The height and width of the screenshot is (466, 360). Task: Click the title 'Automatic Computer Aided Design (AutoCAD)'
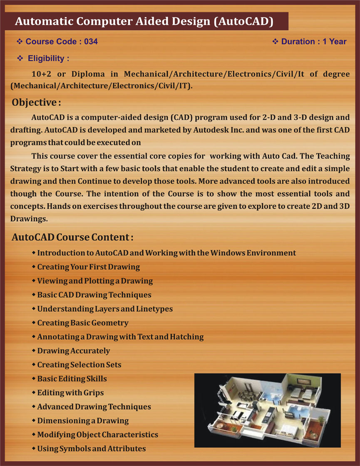point(144,22)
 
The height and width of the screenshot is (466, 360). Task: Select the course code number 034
point(91,42)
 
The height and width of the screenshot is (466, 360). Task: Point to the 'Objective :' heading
point(37,102)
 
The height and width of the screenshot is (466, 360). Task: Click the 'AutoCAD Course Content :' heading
point(72,237)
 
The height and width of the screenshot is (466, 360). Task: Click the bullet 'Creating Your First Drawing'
point(88,267)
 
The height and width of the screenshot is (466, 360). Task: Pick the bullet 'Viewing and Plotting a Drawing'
point(95,281)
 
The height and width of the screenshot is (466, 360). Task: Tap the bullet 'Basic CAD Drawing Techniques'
point(94,295)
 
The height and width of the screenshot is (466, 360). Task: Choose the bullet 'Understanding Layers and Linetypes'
point(105,309)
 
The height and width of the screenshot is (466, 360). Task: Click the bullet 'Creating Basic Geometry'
point(83,323)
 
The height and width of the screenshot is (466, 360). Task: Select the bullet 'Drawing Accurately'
point(74,351)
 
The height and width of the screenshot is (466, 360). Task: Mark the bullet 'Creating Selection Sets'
point(79,365)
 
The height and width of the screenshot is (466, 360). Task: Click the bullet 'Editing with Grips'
point(70,393)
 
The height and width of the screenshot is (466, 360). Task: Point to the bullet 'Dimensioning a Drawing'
point(83,421)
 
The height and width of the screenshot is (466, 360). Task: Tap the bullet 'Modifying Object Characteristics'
point(97,435)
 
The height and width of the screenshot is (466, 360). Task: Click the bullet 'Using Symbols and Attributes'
point(91,449)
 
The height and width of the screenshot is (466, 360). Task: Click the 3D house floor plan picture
point(267,410)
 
